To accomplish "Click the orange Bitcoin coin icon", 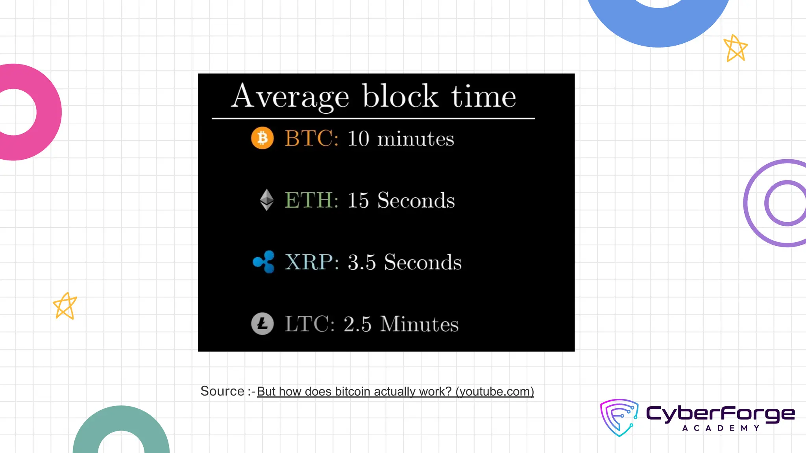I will pos(263,138).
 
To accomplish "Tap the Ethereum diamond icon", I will pos(267,200).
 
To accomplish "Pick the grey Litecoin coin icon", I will pos(263,324).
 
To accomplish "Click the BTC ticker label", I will pos(311,138).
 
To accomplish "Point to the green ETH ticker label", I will pos(311,200).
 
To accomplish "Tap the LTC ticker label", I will pos(309,324).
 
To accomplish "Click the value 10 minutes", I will pos(401,139).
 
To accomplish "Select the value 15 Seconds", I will pos(401,200).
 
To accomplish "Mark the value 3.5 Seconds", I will pos(405,262).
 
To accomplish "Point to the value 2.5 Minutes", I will pos(401,324).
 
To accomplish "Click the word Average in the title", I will pos(290,97).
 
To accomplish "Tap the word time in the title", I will pos(483,97).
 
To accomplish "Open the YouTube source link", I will pos(395,392).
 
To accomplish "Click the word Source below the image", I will pos(222,391).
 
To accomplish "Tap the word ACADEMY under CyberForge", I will pos(721,428).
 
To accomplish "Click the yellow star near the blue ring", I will pos(735,48).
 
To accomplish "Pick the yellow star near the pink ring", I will pos(65,306).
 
